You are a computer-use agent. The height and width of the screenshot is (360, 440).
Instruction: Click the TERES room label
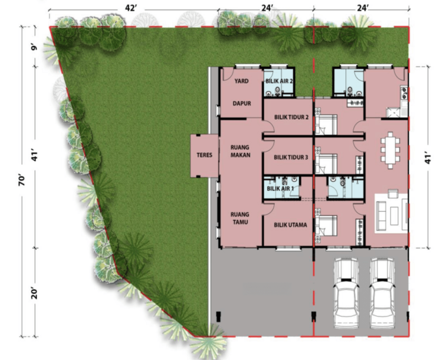tap(204, 155)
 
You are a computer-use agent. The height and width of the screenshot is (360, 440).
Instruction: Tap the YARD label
tap(241, 81)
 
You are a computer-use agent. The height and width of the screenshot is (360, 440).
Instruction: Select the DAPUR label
tap(242, 103)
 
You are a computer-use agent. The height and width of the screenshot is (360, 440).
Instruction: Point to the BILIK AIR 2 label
tap(279, 81)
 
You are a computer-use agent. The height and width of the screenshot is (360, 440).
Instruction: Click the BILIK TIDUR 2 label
tap(291, 117)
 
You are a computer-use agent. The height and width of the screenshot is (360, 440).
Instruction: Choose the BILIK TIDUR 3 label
tap(291, 157)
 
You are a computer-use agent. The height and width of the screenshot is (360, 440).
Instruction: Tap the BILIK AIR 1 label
tap(280, 189)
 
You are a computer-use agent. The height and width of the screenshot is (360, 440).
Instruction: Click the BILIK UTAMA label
tap(290, 225)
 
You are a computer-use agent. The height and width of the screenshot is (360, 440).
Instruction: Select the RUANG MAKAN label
tap(240, 151)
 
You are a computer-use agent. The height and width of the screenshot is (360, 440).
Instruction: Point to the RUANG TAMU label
tap(240, 218)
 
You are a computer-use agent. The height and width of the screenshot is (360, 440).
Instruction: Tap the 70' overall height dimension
tap(22, 181)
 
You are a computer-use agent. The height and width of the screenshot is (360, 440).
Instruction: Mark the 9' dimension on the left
tap(34, 47)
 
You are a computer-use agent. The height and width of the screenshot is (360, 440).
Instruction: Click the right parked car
tap(383, 293)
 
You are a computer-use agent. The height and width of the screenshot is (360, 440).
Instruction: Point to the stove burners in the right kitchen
tap(404, 93)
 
